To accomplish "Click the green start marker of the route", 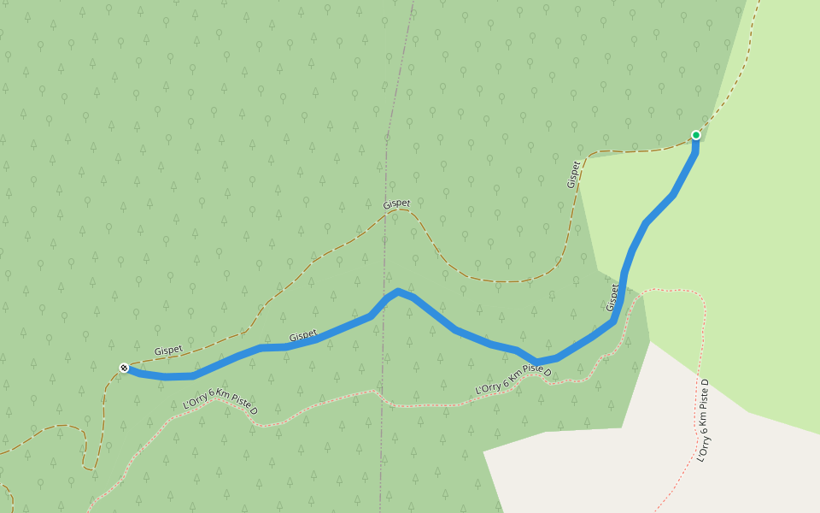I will coord(696,135).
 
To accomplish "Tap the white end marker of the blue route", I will coord(124,368).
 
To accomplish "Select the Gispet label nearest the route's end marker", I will coord(168,351).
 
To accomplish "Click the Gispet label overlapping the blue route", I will coord(302,337).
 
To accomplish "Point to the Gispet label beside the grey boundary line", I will coord(396,204).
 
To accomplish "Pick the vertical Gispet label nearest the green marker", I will coord(573,174).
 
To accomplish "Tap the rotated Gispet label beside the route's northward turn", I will coord(612,298).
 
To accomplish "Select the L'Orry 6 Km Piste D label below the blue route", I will coord(512,381).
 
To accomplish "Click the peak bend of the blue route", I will coord(398,292).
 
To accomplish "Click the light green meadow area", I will coord(752,256).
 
